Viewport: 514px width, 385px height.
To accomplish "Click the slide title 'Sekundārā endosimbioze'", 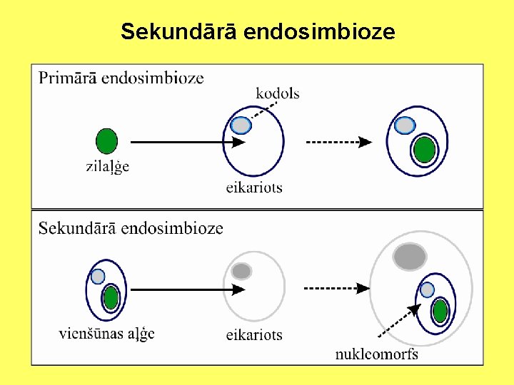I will [258, 32].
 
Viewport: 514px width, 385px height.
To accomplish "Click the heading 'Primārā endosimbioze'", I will [121, 78].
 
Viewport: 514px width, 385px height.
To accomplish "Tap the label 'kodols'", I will [278, 93].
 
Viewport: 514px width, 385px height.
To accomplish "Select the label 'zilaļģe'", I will [107, 167].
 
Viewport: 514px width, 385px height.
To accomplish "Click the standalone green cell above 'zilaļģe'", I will [106, 140].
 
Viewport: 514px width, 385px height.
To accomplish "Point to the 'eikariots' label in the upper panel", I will [254, 188].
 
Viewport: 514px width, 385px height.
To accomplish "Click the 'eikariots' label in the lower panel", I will [254, 334].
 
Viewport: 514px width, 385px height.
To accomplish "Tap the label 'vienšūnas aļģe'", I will [106, 333].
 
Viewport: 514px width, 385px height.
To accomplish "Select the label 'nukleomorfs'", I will [377, 354].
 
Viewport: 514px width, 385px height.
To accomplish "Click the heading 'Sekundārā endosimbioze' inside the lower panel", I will [131, 228].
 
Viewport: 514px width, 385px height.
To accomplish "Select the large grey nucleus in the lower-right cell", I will [410, 256].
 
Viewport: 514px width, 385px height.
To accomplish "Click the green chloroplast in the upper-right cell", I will [424, 150].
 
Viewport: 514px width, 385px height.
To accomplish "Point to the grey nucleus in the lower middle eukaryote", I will [241, 271].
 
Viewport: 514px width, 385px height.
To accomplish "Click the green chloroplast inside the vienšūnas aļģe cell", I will [111, 297].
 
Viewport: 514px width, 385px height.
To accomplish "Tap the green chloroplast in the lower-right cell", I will [440, 311].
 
